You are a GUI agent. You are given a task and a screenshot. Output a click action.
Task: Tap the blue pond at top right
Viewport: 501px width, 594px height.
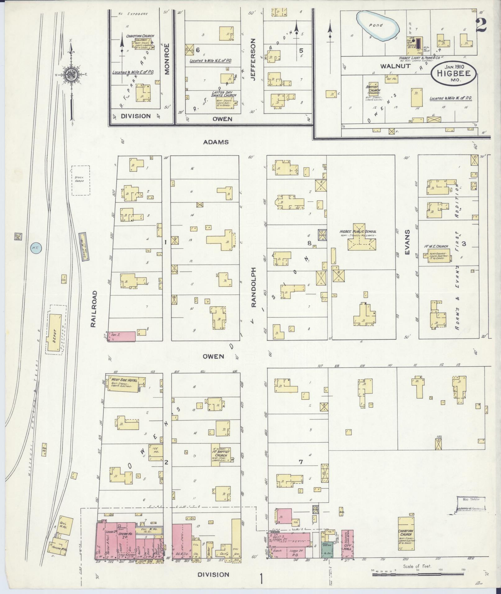tap(378, 26)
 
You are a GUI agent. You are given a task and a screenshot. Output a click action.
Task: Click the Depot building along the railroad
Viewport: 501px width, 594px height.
tap(54, 333)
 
